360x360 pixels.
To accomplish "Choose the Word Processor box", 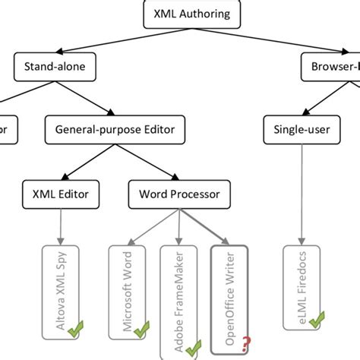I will tap(179, 194).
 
